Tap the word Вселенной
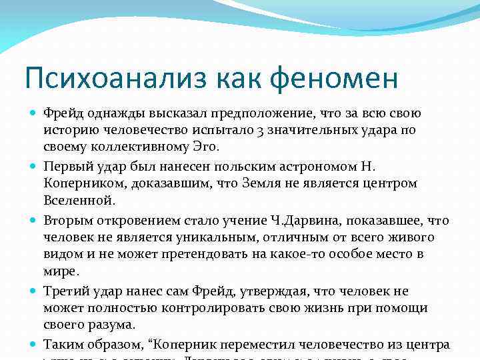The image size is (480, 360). [x=79, y=199]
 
